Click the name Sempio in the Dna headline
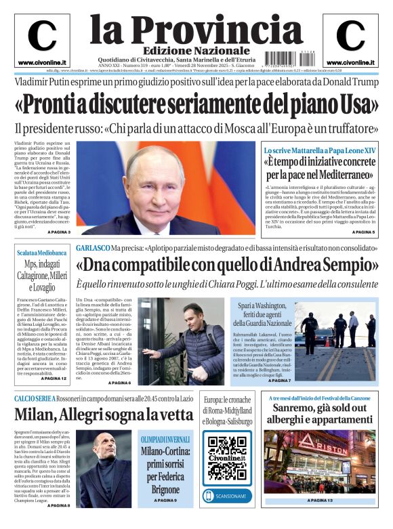[x=344, y=266]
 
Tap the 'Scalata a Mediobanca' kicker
[x=42, y=253]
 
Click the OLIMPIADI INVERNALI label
[x=165, y=439]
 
